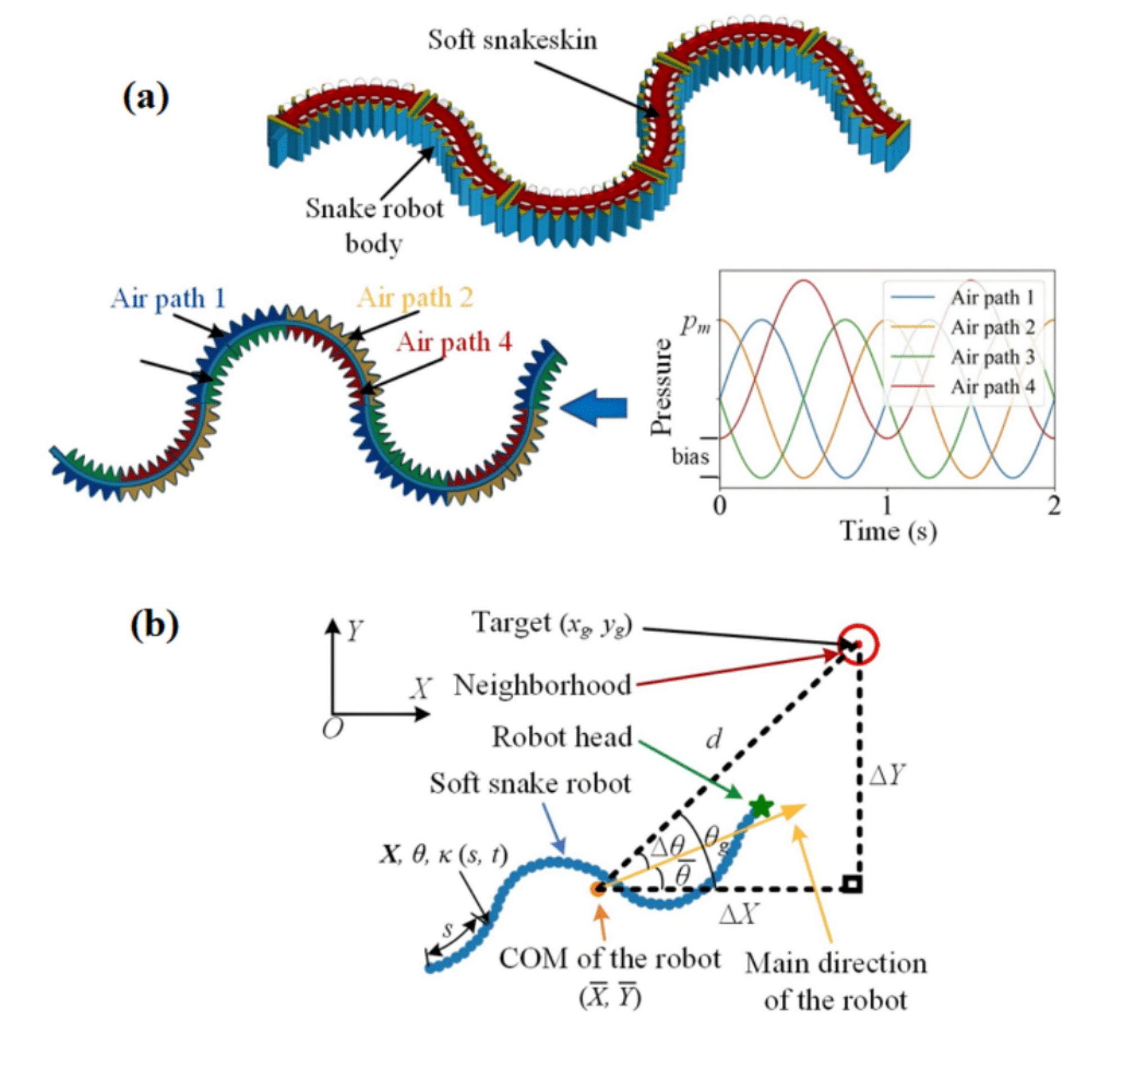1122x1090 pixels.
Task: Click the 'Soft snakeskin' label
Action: [512, 40]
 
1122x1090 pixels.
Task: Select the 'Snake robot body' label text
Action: [374, 225]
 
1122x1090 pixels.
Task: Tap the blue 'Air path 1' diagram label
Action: [168, 298]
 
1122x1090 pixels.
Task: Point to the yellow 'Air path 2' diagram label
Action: [415, 298]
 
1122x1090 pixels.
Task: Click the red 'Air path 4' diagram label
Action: [454, 342]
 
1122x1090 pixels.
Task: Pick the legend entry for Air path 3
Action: [992, 357]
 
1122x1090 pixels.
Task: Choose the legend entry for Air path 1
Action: [992, 298]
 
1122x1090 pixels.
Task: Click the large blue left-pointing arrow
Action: [594, 408]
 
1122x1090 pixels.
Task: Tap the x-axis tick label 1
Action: [886, 506]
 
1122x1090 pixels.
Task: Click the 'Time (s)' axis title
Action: [888, 531]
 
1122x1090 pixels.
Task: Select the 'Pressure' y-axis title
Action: [662, 387]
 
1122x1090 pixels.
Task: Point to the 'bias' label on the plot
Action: [690, 457]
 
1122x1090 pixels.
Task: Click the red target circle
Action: [857, 644]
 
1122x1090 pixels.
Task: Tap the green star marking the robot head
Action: [761, 806]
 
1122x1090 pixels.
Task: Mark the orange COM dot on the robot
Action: [598, 888]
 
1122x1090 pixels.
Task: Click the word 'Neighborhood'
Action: [542, 685]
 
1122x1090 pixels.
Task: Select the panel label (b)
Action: [154, 625]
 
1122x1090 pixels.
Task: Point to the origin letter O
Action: [333, 729]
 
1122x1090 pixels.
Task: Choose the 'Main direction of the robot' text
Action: [835, 982]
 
